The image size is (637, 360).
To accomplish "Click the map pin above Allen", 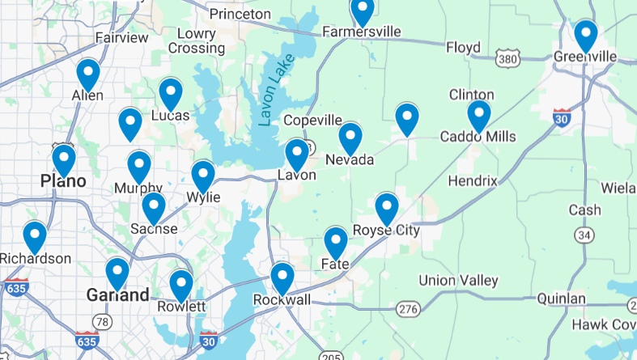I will coord(88,74).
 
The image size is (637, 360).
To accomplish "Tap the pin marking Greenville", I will coord(585,36).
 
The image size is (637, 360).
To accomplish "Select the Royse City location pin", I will coord(387,208).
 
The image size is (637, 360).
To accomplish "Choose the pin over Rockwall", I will coord(282,277).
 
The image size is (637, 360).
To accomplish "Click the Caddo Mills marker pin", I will coord(478,115).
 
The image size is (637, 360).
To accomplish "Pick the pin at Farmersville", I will coord(362,10).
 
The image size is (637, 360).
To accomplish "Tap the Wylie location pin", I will coord(202,176).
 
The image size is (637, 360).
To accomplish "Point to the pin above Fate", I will coord(336,242).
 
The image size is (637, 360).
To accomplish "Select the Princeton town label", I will coord(240,14).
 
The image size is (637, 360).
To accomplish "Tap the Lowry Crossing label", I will coord(196,40).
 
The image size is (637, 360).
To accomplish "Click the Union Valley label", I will coord(458,281).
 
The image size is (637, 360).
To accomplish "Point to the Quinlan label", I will coord(561,299).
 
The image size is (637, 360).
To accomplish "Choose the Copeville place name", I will coord(312,120).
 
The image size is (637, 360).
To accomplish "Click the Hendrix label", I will coord(471,180).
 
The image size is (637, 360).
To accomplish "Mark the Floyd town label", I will coord(463,48).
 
